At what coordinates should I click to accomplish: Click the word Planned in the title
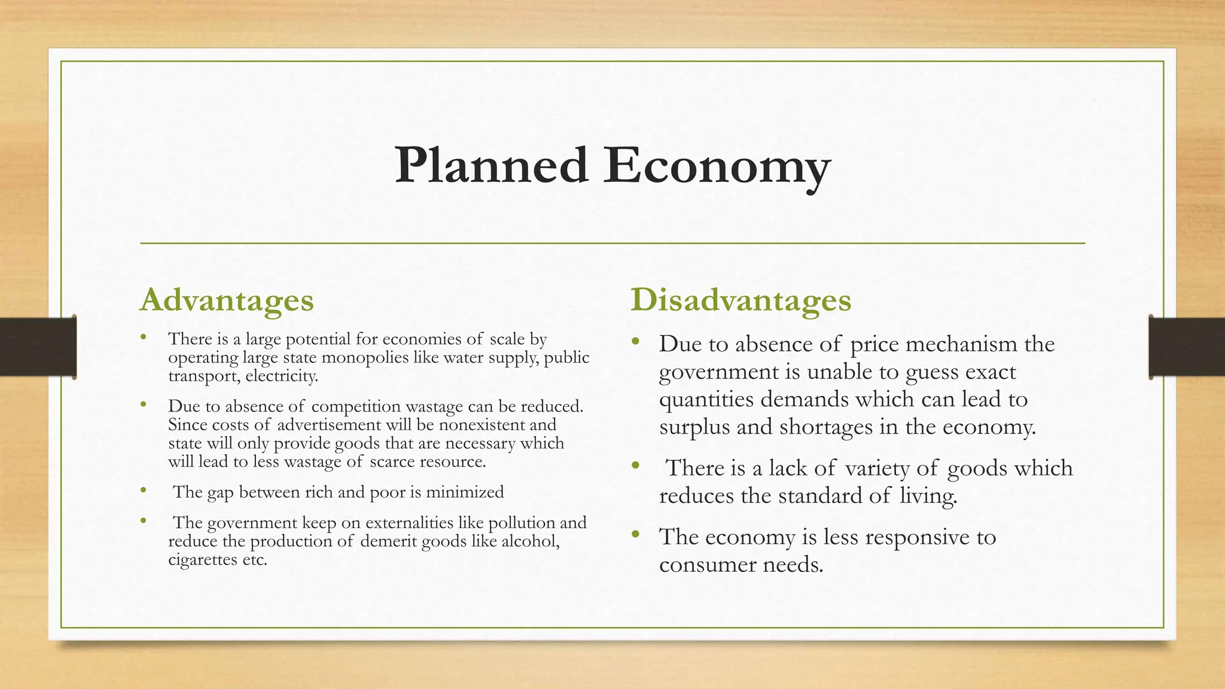(x=491, y=166)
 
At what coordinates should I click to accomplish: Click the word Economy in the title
(x=716, y=166)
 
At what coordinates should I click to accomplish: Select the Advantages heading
(x=227, y=300)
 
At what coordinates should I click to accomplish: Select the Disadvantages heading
(x=741, y=300)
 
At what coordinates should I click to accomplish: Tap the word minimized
(x=465, y=492)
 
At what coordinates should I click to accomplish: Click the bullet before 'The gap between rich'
(x=143, y=490)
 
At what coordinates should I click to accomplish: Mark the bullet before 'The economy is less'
(x=635, y=533)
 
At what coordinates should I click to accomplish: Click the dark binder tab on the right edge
(x=1187, y=347)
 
